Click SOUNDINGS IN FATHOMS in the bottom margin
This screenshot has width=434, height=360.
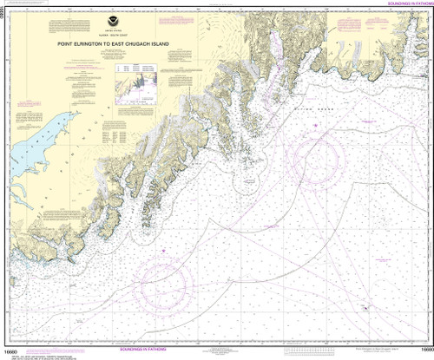coord(216,353)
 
